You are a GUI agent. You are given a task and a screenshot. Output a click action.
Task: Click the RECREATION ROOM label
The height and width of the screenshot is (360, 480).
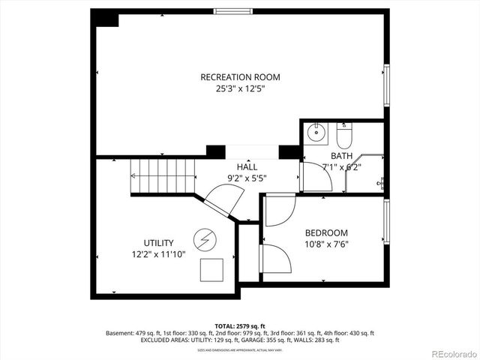[239, 77]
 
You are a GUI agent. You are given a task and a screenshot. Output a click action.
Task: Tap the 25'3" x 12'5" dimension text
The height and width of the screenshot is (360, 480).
[239, 88]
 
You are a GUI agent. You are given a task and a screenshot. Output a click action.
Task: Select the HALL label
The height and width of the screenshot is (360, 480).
[247, 166]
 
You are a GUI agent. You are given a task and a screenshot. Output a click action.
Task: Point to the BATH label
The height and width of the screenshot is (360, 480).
[341, 156]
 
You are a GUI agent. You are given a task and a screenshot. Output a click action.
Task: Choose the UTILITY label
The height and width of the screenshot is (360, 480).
[159, 243]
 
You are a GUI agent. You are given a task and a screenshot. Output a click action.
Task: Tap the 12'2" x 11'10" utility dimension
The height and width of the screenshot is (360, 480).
[159, 254]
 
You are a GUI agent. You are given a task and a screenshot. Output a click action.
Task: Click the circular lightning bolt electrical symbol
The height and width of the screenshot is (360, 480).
[203, 239]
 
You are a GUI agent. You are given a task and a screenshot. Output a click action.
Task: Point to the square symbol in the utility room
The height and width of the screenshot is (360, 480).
[214, 268]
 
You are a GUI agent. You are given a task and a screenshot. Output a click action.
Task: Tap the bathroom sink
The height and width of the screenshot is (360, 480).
[318, 134]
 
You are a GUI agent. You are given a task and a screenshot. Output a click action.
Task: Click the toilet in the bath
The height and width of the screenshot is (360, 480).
[344, 136]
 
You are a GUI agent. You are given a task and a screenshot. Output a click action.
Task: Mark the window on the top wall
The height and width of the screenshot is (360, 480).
[233, 10]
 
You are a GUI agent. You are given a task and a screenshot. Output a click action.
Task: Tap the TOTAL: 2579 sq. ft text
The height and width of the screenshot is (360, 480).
[240, 326]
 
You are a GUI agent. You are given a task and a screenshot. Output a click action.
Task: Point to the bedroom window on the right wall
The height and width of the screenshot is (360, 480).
[386, 222]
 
